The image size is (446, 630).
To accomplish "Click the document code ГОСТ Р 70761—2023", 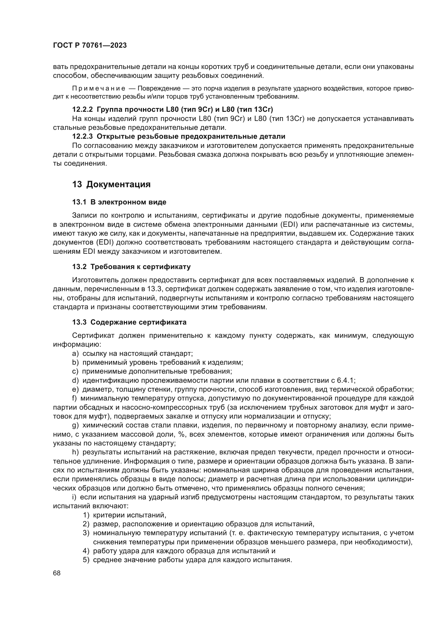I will click(90, 45).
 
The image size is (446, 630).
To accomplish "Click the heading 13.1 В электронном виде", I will click(119, 202).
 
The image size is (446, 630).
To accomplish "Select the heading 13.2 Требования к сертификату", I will click(131, 267).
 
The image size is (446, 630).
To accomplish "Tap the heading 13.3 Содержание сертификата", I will click(129, 322).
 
